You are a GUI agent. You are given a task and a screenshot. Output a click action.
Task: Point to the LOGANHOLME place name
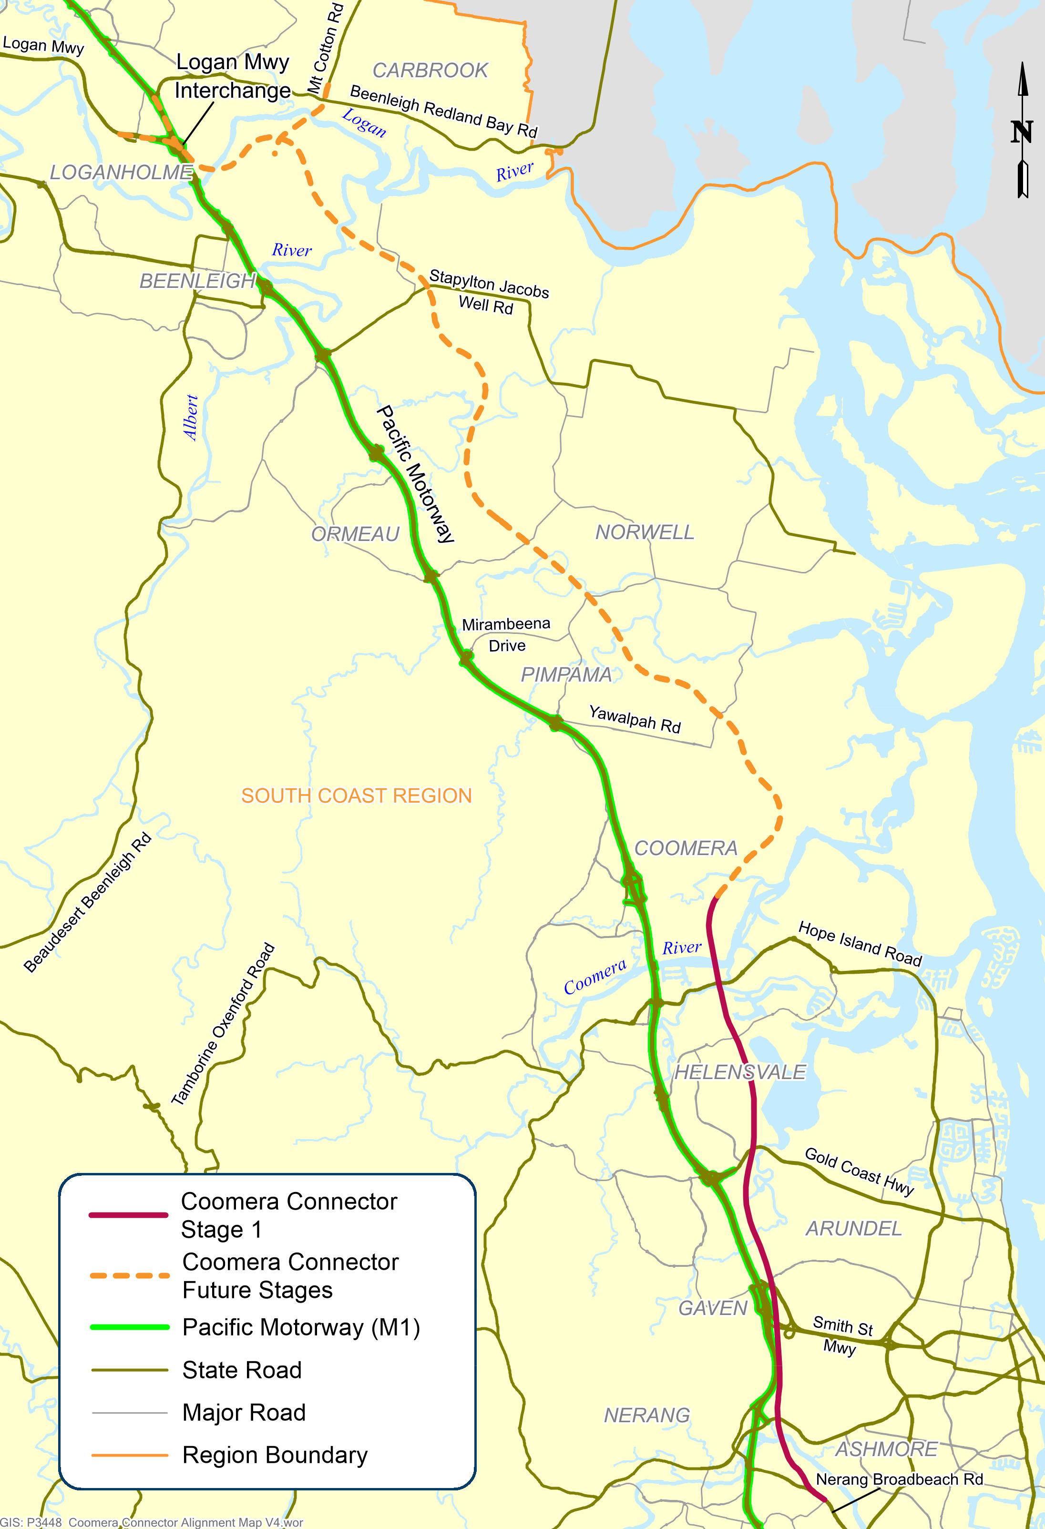[x=121, y=173]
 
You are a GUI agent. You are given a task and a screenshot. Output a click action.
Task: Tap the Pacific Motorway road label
[x=415, y=474]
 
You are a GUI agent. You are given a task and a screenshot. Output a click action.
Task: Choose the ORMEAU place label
[x=355, y=533]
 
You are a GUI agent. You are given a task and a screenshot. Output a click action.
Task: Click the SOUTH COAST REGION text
[x=356, y=795]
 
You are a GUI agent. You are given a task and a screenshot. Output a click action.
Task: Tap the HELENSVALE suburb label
[x=740, y=1072]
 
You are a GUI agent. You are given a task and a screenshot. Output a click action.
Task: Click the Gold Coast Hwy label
[x=859, y=1171]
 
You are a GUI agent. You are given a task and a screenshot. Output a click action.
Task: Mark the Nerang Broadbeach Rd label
[x=899, y=1479]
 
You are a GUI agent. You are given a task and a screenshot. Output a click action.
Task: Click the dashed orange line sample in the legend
[x=130, y=1275]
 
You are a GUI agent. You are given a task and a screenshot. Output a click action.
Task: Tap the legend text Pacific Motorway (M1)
[x=301, y=1327]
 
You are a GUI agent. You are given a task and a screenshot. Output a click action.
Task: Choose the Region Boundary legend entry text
[x=275, y=1455]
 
